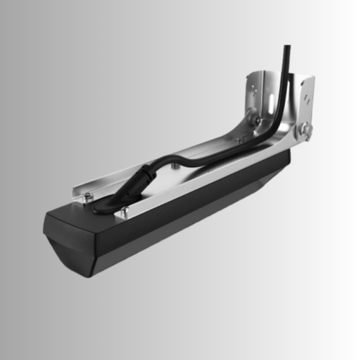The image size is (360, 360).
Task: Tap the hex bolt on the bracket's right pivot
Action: click(306, 130)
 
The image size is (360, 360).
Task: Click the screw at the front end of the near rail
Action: click(124, 211)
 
